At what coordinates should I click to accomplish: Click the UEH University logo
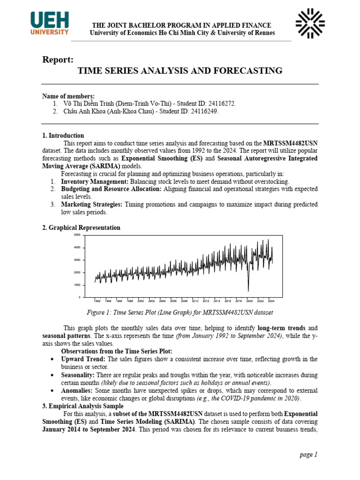click(49, 23)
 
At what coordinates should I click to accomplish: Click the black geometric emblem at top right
click(310, 23)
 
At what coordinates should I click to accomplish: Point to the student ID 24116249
click(203, 111)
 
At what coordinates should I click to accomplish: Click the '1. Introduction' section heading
click(63, 135)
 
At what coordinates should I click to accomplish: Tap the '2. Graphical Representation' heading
click(81, 227)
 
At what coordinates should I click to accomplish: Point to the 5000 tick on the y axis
click(77, 235)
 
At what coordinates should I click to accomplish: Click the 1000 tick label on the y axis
click(77, 285)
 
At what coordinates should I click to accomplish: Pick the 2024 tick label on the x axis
click(272, 301)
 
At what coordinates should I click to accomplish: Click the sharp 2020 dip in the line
click(248, 290)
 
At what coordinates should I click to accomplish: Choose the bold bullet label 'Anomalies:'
click(77, 390)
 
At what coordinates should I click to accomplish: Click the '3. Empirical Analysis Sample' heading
click(83, 406)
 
